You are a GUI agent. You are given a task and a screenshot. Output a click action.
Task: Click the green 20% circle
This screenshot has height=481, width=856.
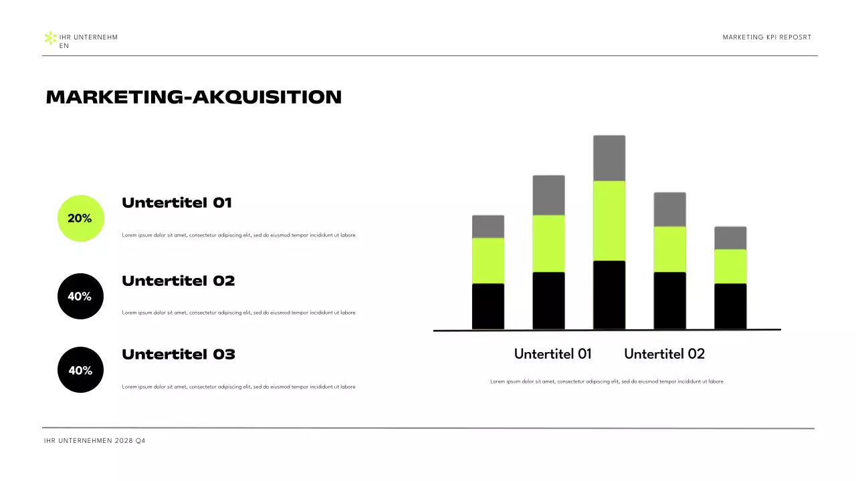point(81,218)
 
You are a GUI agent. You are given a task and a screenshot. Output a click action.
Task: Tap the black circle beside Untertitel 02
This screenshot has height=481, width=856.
point(81,296)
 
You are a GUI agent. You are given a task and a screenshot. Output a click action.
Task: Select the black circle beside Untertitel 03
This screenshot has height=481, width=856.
point(81,369)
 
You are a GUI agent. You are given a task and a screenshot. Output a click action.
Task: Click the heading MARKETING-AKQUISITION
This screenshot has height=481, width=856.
point(193,98)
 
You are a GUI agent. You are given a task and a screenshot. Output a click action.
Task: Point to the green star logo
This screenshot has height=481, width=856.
point(49,38)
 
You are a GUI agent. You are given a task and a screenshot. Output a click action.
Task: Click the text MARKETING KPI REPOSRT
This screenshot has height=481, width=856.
point(766,37)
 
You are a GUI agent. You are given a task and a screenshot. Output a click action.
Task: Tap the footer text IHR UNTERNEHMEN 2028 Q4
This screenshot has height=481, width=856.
point(94,441)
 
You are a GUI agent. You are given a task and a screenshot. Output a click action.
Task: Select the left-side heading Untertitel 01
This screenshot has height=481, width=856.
point(177,203)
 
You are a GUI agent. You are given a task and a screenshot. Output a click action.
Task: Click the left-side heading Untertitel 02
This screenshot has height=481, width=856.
point(178,281)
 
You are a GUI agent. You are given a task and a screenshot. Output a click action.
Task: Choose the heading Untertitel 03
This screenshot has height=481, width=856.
point(178,355)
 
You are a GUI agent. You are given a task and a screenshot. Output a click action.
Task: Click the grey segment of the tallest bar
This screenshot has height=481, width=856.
point(609,158)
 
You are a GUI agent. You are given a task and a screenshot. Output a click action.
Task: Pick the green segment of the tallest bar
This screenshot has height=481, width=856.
point(609,220)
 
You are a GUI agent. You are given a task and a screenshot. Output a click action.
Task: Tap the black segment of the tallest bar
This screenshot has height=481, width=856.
point(609,295)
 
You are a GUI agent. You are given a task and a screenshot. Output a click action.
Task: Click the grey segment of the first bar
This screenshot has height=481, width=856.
point(488,226)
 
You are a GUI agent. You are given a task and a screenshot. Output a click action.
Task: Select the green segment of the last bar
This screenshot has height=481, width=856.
point(730,267)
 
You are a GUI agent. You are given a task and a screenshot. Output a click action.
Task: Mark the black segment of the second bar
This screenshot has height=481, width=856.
point(548,301)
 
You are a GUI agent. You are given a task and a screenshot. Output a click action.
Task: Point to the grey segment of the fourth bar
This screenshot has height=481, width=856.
point(669,210)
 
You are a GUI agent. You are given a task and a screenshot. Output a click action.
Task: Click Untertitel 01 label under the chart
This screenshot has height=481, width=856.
point(552,354)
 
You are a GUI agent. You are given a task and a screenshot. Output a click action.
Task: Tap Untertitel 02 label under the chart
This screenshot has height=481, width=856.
point(664,354)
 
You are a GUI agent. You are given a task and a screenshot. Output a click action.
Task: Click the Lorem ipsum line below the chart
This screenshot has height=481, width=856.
point(607,381)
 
